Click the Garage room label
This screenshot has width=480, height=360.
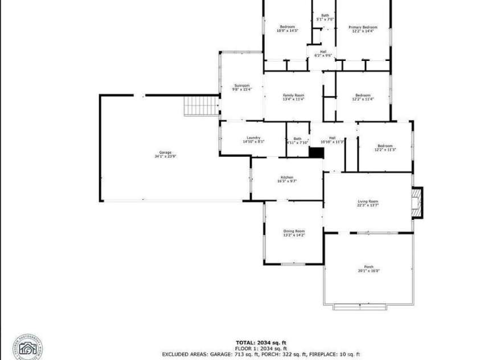pyautogui.click(x=165, y=152)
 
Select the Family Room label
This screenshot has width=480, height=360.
pyautogui.click(x=294, y=95)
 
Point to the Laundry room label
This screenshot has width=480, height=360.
pyautogui.click(x=253, y=137)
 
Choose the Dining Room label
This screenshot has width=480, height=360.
pyautogui.click(x=294, y=231)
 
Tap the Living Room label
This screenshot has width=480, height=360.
pyautogui.click(x=368, y=201)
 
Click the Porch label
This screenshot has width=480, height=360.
pyautogui.click(x=368, y=267)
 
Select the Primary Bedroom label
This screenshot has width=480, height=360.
pyautogui.click(x=363, y=27)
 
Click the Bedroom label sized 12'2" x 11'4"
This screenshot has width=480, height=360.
pyautogui.click(x=363, y=95)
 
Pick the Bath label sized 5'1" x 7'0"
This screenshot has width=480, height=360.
pyautogui.click(x=325, y=15)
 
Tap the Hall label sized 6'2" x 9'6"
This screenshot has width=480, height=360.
pyautogui.click(x=323, y=52)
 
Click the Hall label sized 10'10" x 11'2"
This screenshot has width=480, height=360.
pyautogui.click(x=332, y=137)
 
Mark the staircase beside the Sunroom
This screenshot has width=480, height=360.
pyautogui.click(x=202, y=105)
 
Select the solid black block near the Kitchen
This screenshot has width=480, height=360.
pyautogui.click(x=316, y=153)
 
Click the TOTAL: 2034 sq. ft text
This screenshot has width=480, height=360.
pyautogui.click(x=261, y=342)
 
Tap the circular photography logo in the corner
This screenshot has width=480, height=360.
pyautogui.click(x=27, y=347)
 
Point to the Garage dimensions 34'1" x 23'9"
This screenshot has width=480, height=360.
pyautogui.click(x=165, y=156)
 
